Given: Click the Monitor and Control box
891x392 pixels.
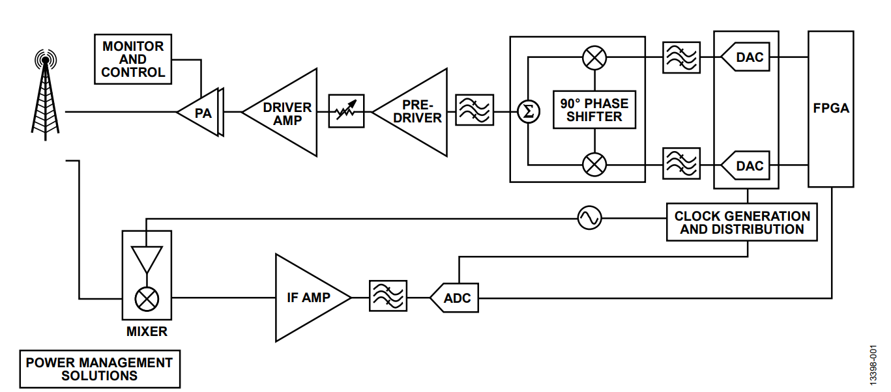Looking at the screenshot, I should pyautogui.click(x=133, y=59).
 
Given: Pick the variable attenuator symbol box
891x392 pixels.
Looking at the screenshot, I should pyautogui.click(x=346, y=112).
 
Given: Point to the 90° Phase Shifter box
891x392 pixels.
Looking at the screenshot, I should pyautogui.click(x=594, y=109).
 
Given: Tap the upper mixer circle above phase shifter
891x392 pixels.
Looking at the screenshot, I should pyautogui.click(x=594, y=58).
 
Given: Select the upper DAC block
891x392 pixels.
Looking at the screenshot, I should pyautogui.click(x=747, y=58).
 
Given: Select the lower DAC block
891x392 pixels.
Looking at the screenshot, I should pyautogui.click(x=747, y=165).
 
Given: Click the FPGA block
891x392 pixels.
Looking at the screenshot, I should pyautogui.click(x=831, y=109).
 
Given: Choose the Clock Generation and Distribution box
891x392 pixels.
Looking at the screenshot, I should pyautogui.click(x=742, y=222).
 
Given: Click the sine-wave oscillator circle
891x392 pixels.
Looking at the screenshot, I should pyautogui.click(x=590, y=218).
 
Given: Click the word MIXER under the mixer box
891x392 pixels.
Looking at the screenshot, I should pyautogui.click(x=147, y=331).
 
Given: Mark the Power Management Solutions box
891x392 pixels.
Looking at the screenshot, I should pyautogui.click(x=99, y=369).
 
